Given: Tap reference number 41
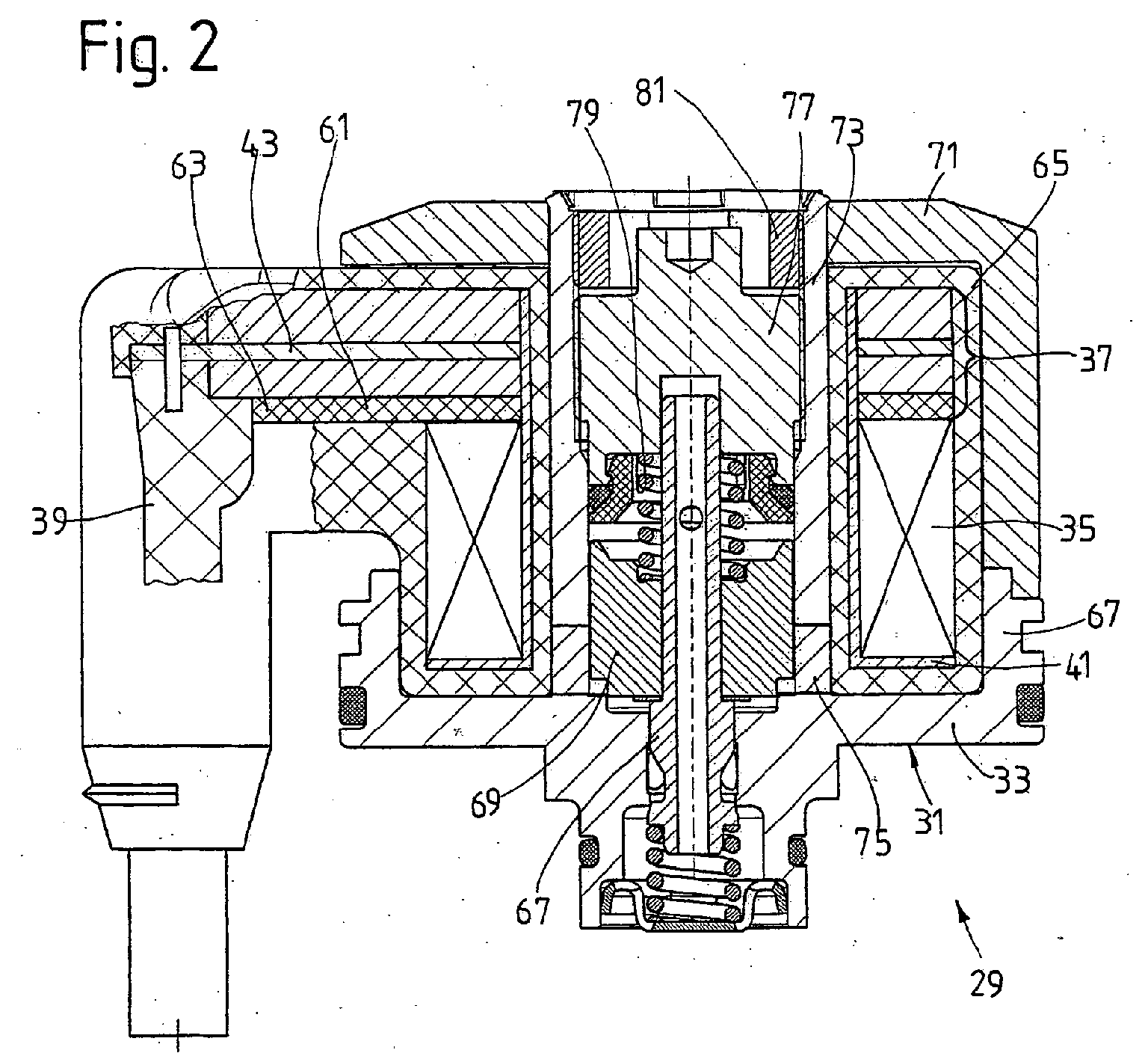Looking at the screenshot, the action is tap(1072, 664).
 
